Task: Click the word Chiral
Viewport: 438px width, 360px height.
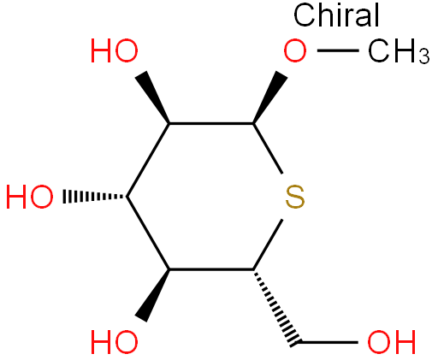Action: [336, 15]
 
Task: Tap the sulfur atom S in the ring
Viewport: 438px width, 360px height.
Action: [295, 197]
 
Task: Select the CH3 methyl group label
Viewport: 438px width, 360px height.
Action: [399, 51]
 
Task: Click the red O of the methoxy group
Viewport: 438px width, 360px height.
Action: [295, 51]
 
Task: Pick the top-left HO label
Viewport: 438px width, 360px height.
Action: [115, 51]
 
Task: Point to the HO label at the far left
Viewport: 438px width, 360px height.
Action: [30, 197]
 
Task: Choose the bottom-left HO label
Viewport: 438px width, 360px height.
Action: [115, 342]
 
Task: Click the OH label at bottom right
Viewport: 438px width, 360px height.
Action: [391, 342]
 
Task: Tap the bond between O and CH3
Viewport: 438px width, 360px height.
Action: [338, 50]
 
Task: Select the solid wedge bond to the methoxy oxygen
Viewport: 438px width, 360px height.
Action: [270, 97]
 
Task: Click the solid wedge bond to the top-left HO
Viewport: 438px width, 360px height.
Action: [152, 97]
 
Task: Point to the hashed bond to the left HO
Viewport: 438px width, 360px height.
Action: [95, 197]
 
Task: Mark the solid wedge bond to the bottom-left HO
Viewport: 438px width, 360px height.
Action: [152, 295]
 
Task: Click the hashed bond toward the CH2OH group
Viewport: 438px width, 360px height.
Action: [276, 308]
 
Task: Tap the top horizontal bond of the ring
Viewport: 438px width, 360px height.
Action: [211, 123]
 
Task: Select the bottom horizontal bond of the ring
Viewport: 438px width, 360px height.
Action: [211, 269]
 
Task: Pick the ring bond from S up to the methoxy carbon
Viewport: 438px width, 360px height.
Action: [268, 148]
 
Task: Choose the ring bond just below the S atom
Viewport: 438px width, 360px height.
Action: [268, 245]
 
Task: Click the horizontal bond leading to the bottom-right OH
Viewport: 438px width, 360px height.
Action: [328, 342]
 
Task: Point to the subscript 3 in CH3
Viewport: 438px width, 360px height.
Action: [424, 56]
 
